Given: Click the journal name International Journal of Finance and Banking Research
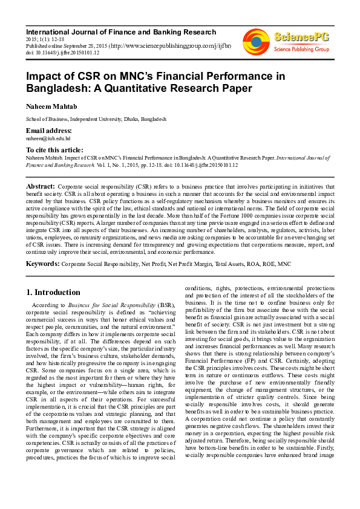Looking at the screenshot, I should (120, 32).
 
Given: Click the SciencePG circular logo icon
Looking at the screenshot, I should (256, 42).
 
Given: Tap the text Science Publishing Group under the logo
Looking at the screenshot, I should (301, 48).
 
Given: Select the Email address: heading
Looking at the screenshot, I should (49, 131).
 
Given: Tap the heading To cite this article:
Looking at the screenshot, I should (54, 149).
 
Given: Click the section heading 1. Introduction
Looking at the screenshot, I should (53, 292).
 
